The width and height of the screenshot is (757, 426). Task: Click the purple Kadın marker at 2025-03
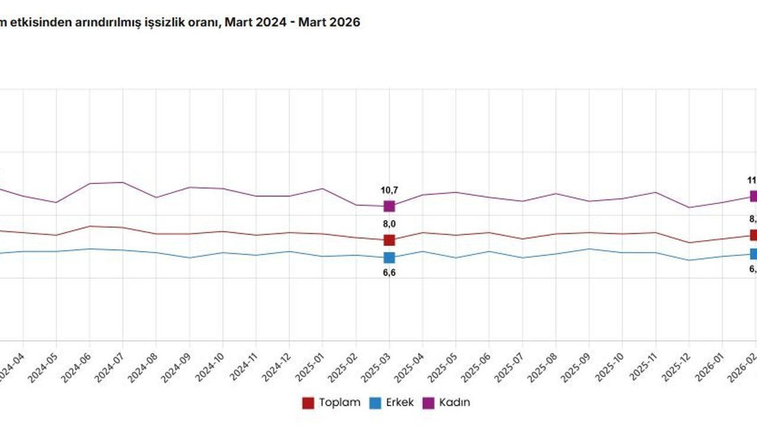tap(389, 206)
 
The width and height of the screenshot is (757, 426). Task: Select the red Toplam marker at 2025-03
tap(389, 240)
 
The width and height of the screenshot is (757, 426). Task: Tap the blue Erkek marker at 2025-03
tap(389, 257)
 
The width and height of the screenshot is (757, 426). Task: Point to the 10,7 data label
tap(389, 190)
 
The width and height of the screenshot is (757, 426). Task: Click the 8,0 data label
tap(389, 224)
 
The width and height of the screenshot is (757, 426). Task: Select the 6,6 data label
tap(389, 273)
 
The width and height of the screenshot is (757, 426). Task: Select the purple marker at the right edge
tap(753, 196)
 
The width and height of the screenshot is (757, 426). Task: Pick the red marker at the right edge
tap(753, 235)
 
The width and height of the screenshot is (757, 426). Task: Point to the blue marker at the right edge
tap(753, 254)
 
